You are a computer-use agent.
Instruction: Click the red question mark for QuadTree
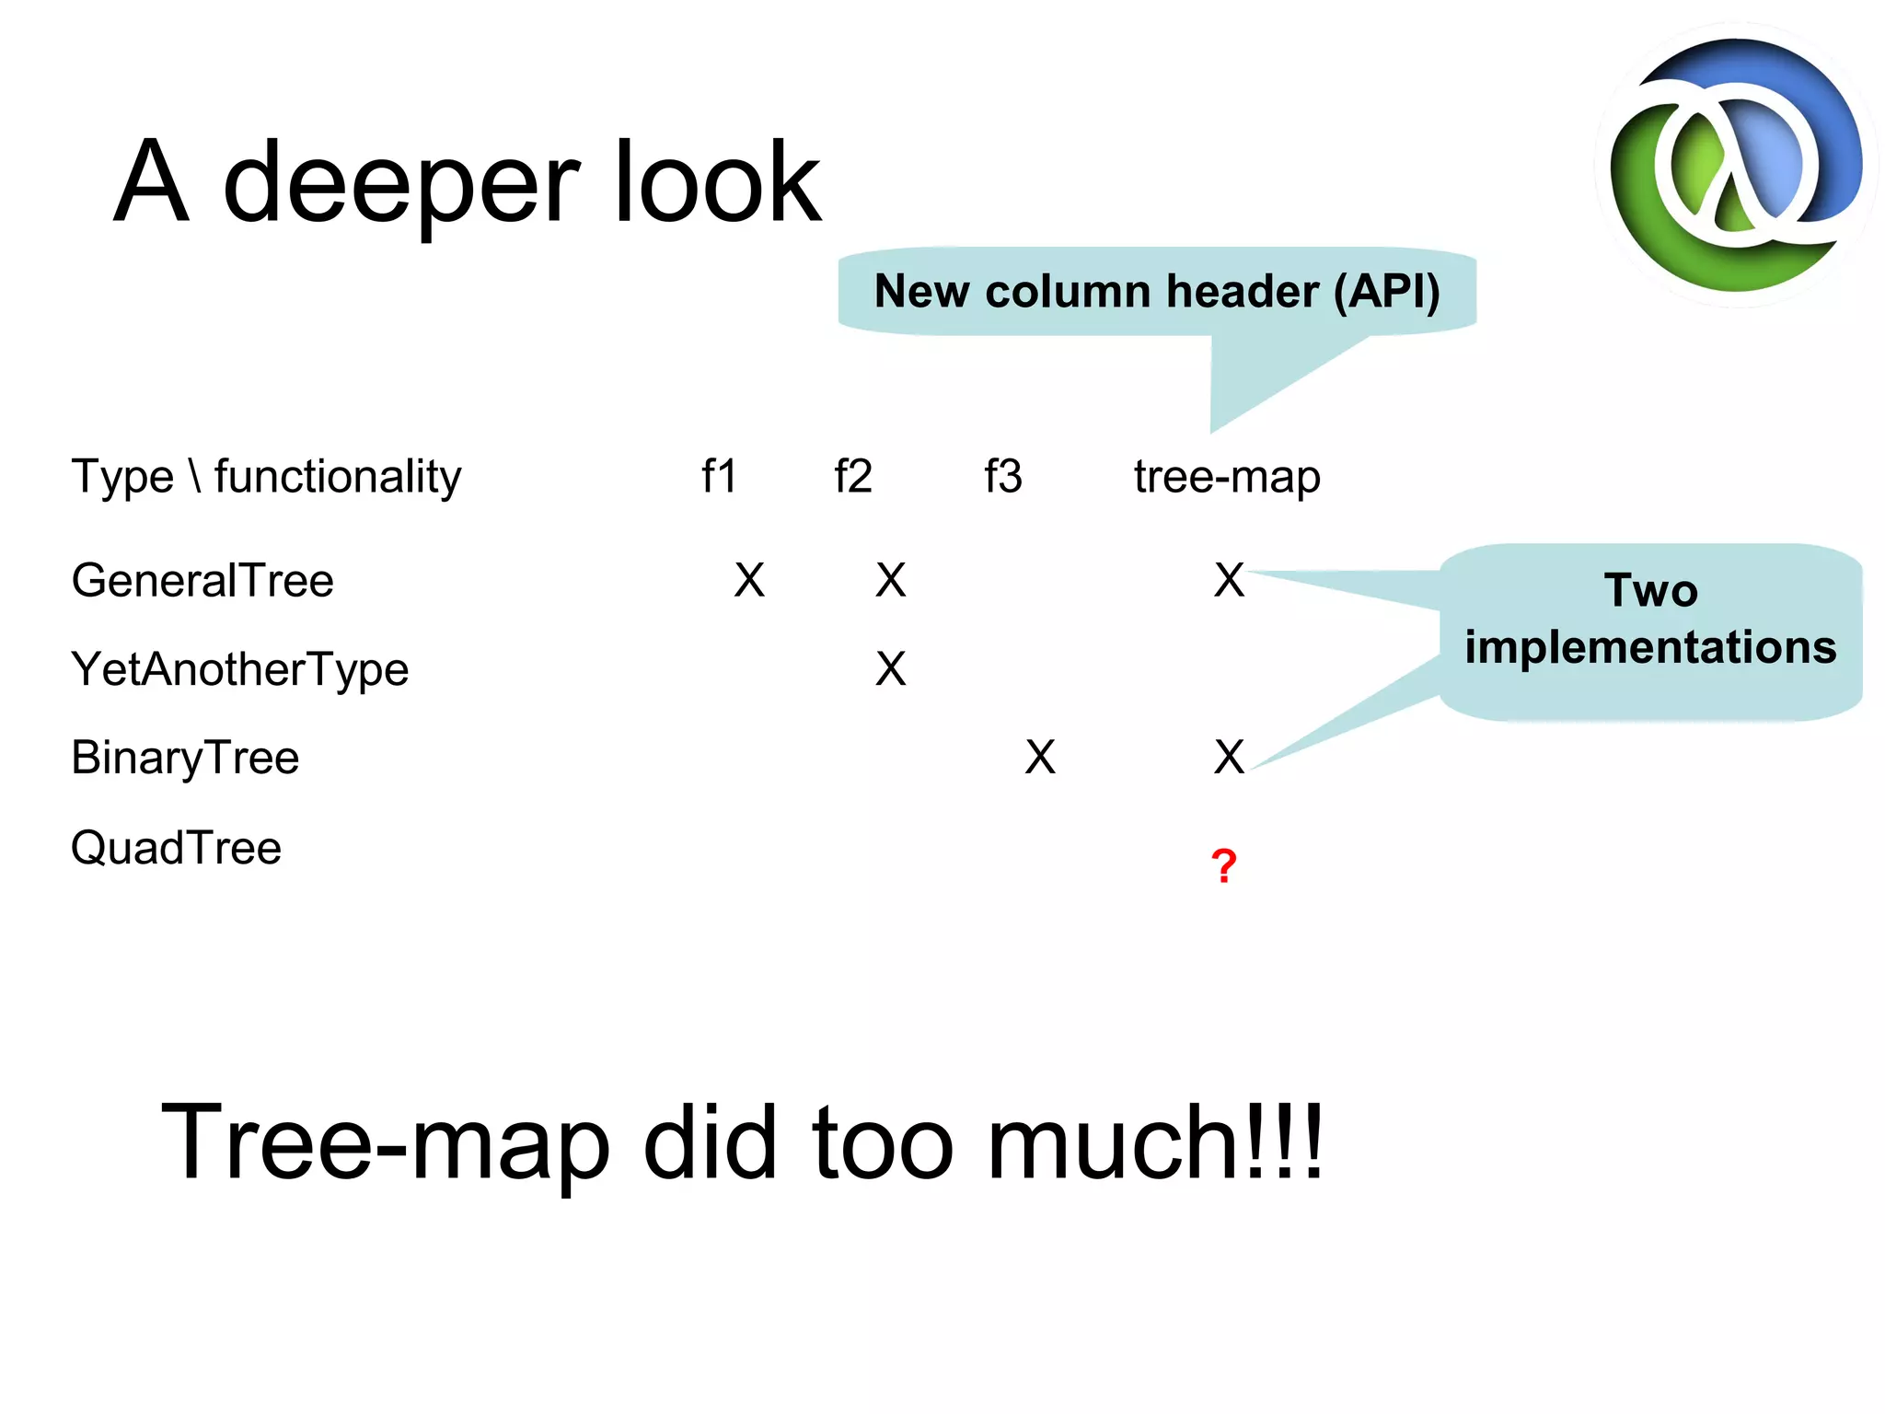click(1223, 865)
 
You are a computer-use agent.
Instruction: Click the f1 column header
click(719, 477)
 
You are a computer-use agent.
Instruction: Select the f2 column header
click(852, 477)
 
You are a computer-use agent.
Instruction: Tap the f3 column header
click(1002, 477)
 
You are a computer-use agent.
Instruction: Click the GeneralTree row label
click(202, 581)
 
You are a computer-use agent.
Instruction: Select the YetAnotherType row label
click(240, 670)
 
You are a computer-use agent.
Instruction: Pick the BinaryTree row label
click(185, 759)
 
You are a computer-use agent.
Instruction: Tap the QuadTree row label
click(176, 848)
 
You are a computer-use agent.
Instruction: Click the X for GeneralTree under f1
click(749, 581)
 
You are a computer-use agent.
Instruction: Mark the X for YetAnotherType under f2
click(890, 669)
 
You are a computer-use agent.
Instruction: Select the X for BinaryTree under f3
click(1040, 758)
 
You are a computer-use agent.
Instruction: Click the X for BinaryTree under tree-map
click(1229, 758)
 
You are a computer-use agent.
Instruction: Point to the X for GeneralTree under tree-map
click(1229, 581)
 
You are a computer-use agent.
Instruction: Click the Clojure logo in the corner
click(1735, 166)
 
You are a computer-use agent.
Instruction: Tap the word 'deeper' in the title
click(401, 184)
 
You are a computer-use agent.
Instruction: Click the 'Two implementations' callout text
click(1650, 619)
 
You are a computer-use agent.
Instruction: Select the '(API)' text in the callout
click(1387, 292)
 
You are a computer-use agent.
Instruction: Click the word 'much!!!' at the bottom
click(1154, 1143)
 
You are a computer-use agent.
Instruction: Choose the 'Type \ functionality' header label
click(266, 477)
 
